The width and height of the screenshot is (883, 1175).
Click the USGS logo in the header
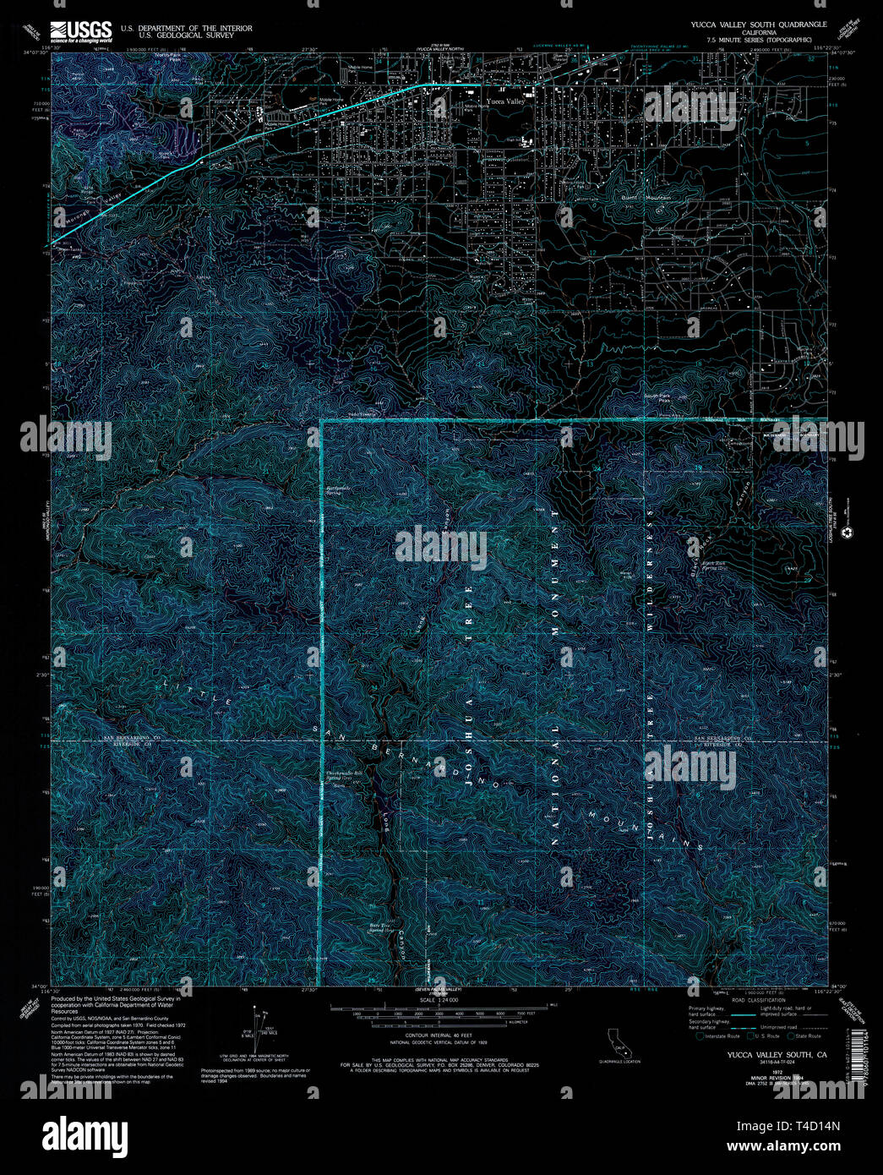point(80,31)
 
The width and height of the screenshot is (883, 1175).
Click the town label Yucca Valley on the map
point(505,101)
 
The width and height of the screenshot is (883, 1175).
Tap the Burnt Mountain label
point(646,197)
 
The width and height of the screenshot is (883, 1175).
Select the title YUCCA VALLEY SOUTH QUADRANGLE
point(758,25)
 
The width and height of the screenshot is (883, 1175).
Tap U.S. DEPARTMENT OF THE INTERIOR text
point(186,28)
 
